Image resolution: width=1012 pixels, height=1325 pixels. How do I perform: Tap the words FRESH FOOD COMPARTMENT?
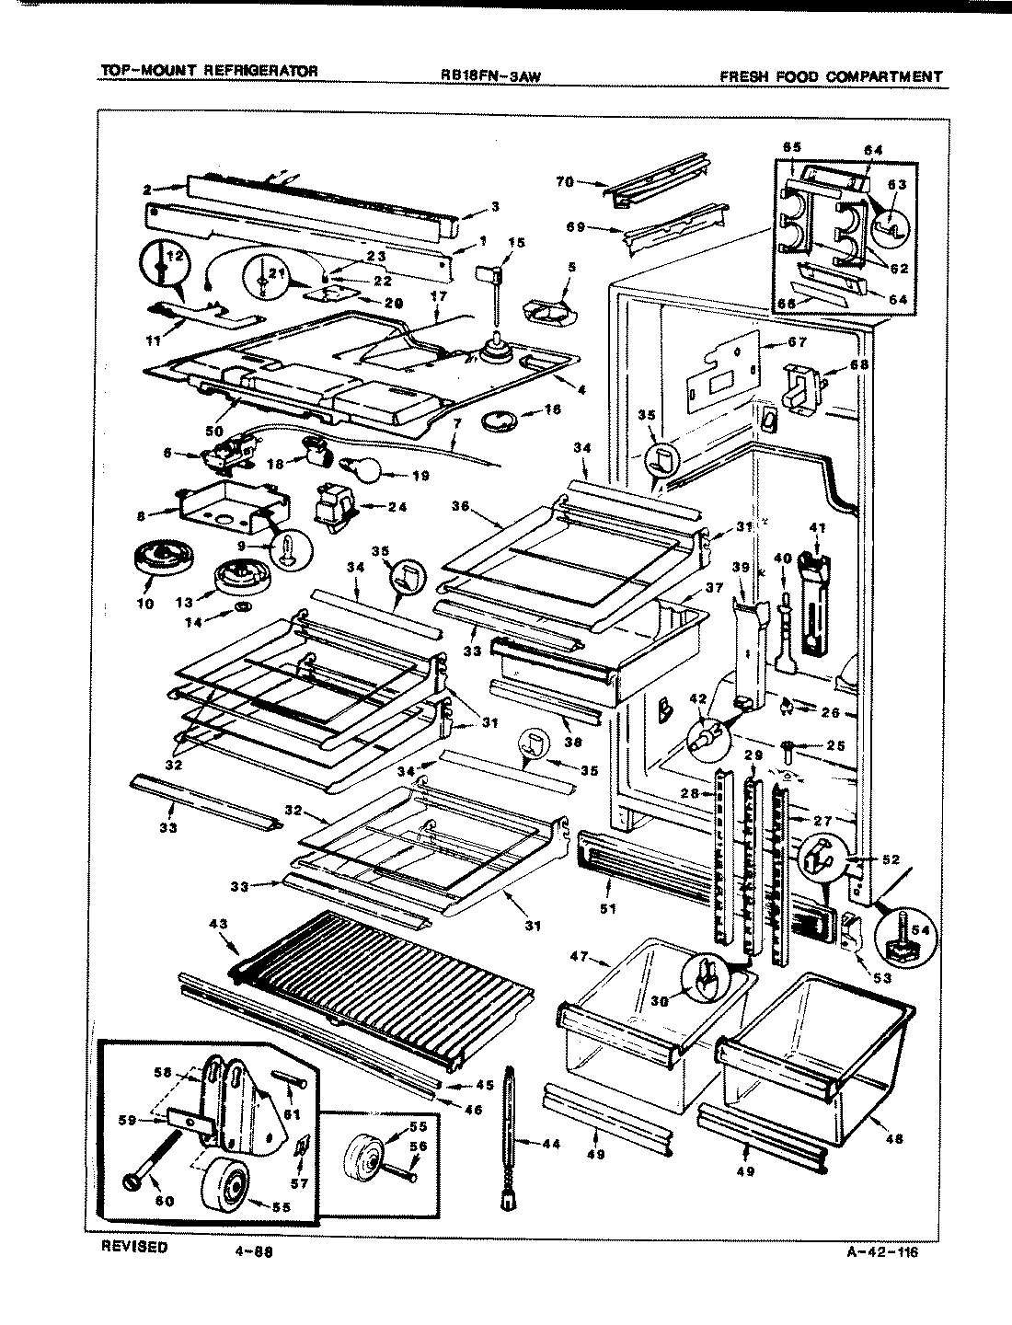tap(831, 76)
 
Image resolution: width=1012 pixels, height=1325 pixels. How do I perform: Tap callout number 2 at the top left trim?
tap(147, 190)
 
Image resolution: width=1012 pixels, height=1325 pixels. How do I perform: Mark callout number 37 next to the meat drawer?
tap(715, 588)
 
